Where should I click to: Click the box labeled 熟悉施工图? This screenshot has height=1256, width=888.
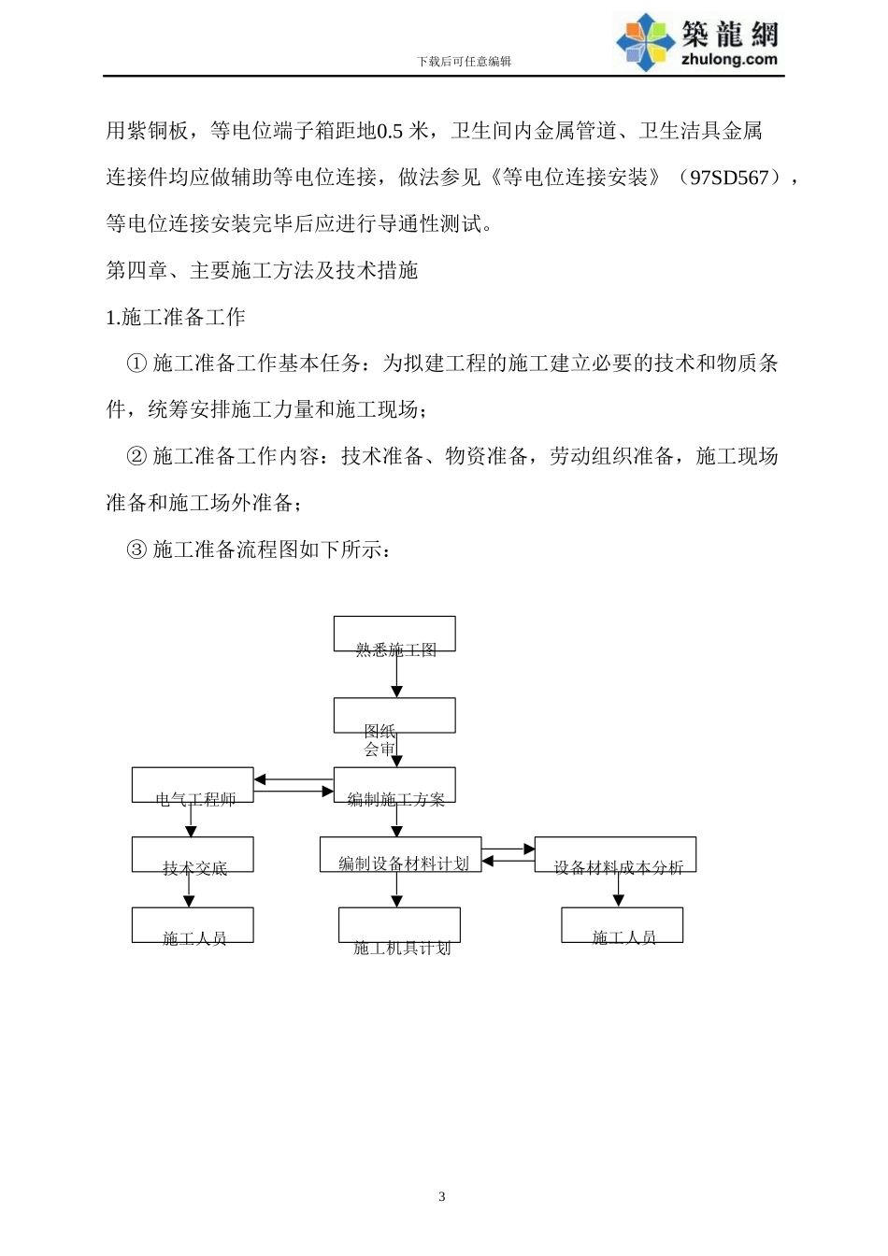click(x=394, y=635)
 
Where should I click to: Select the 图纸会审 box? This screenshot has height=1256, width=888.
click(x=394, y=716)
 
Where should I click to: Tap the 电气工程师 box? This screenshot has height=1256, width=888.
click(x=193, y=786)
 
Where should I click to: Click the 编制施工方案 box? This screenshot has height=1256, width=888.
click(x=394, y=786)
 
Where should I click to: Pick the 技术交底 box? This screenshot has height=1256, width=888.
click(x=193, y=855)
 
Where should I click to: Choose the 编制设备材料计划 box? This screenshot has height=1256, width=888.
click(x=400, y=855)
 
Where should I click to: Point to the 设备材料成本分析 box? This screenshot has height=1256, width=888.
click(x=615, y=855)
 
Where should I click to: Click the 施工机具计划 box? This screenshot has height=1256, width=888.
click(x=399, y=925)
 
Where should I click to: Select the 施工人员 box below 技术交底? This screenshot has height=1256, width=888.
click(x=193, y=925)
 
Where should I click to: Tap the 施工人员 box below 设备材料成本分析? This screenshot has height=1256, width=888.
click(x=622, y=925)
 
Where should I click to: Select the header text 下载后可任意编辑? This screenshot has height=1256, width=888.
click(x=464, y=62)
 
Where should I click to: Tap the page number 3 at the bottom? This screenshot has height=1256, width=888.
click(x=442, y=1197)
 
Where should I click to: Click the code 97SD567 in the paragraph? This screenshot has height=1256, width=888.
click(x=728, y=178)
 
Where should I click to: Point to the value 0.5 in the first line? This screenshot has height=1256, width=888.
click(x=390, y=131)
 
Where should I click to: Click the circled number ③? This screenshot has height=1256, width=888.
click(x=136, y=549)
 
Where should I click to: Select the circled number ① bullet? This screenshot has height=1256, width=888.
click(x=136, y=364)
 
